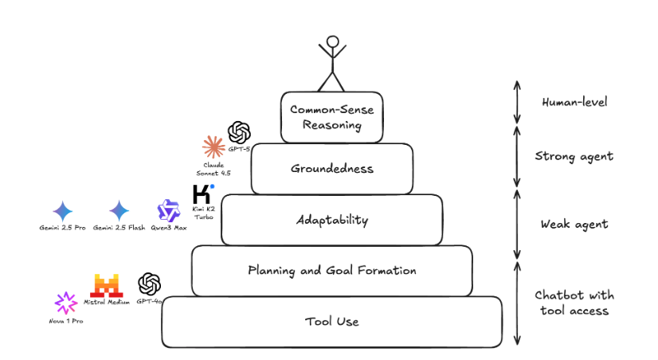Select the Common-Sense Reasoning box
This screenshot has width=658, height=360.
(x=331, y=117)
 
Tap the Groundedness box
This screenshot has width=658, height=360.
(x=331, y=169)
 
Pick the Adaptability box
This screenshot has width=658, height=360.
(x=331, y=219)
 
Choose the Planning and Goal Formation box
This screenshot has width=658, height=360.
(x=331, y=270)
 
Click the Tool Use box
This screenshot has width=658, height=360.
(x=331, y=321)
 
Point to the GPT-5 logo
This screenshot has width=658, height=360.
(x=239, y=131)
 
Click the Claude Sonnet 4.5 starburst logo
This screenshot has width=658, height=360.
(x=213, y=147)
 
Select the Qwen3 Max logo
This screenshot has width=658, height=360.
(x=169, y=211)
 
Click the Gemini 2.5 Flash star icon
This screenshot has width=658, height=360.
(x=119, y=211)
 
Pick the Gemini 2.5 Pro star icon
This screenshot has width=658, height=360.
(x=62, y=211)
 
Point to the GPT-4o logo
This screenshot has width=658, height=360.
(x=150, y=284)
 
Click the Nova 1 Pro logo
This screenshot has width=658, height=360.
(x=65, y=303)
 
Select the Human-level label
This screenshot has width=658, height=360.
(x=574, y=103)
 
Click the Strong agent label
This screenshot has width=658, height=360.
(x=574, y=156)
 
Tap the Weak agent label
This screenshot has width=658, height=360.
(x=574, y=224)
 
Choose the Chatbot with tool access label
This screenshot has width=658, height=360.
(x=574, y=303)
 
